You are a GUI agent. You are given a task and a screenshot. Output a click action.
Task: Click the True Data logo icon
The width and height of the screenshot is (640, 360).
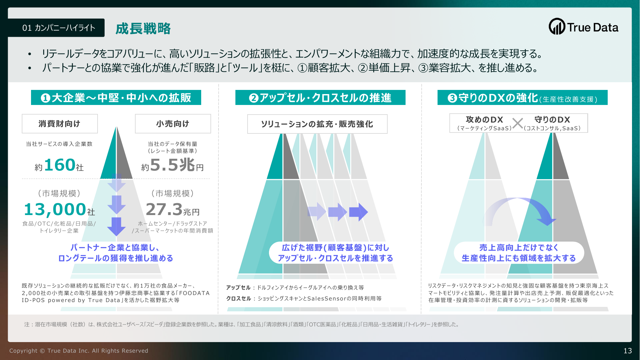(557, 27)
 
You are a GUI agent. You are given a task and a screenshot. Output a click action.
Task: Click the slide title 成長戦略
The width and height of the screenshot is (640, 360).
(143, 28)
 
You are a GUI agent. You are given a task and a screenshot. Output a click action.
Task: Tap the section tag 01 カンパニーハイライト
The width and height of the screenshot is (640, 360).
(56, 28)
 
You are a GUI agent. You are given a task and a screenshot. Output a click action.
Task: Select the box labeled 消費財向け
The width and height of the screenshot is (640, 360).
(60, 124)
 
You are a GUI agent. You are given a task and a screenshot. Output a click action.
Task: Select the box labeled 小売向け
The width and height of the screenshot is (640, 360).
(173, 124)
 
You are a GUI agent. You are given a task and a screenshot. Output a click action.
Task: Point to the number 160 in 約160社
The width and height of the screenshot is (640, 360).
(60, 165)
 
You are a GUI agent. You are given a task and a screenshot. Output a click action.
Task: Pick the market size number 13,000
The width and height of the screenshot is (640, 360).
(55, 209)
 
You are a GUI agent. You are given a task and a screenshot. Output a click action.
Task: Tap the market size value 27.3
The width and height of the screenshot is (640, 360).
(164, 209)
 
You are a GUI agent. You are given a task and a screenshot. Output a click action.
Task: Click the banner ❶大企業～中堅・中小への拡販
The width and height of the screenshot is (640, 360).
(116, 98)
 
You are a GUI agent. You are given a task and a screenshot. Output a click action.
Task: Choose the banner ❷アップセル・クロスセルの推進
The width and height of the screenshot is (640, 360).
(320, 98)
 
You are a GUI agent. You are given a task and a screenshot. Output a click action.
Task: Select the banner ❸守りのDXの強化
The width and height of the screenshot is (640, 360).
(523, 98)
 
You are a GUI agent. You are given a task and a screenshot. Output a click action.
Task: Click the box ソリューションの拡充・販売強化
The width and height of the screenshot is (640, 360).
(317, 124)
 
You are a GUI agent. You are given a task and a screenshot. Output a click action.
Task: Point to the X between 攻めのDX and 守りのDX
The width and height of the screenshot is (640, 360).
(518, 123)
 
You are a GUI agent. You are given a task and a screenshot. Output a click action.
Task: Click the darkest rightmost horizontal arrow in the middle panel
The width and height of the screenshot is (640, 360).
(359, 212)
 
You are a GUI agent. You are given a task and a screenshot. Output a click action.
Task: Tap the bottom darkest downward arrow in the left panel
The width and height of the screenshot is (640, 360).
(116, 227)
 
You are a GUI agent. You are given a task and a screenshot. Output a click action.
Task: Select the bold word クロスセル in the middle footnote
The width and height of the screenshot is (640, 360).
(239, 298)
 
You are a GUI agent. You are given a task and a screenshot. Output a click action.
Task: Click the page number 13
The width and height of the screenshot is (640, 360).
(628, 351)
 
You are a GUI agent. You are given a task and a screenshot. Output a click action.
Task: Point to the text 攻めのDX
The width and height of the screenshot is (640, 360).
(484, 120)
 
